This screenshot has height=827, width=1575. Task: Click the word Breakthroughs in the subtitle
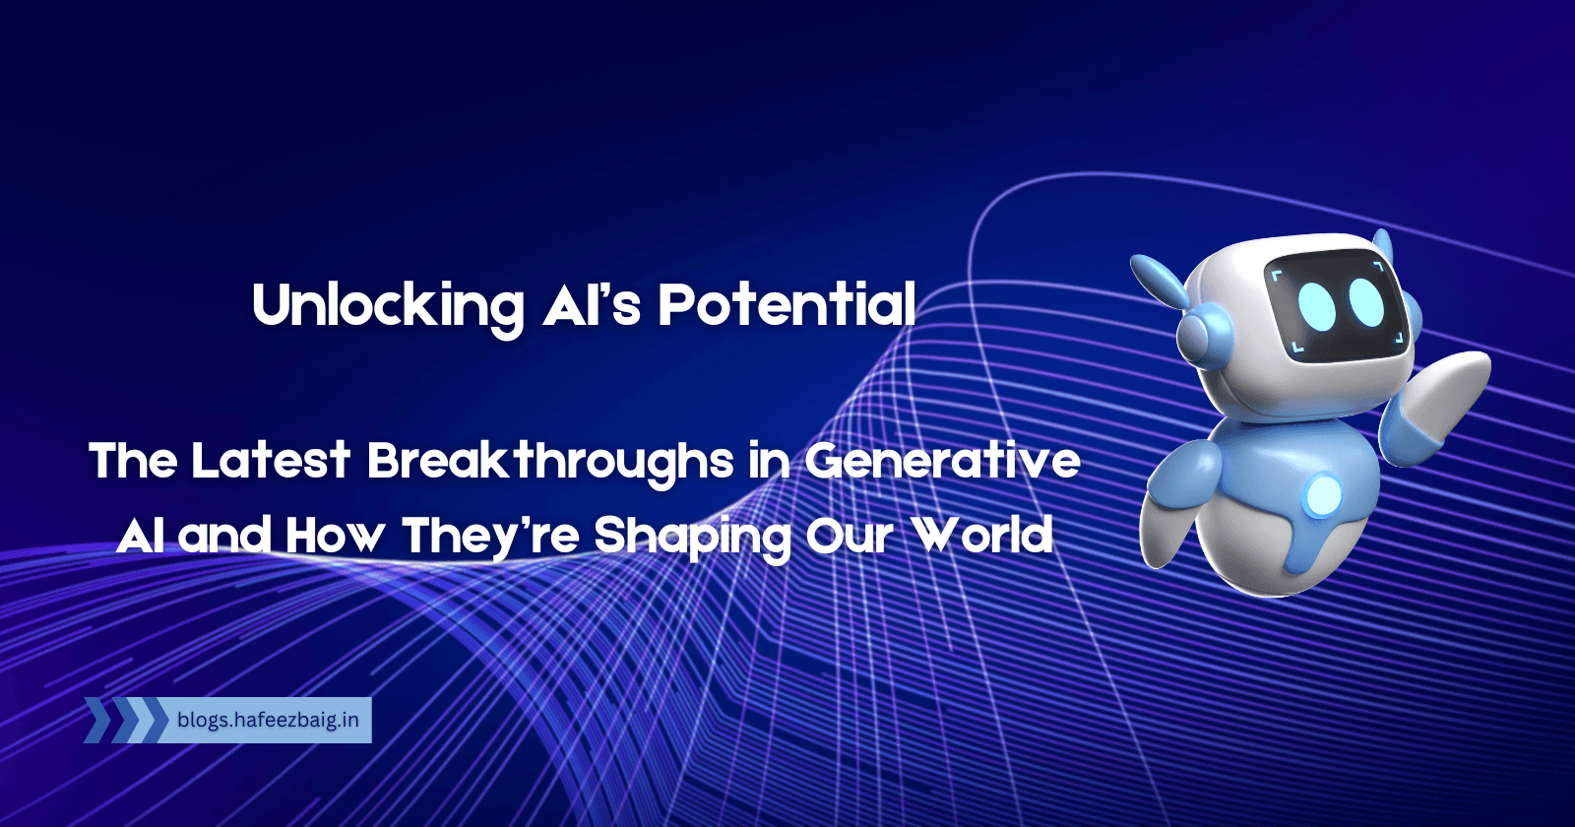point(550,461)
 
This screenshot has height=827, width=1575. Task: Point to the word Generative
point(942,461)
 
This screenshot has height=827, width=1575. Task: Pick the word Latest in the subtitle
point(271,461)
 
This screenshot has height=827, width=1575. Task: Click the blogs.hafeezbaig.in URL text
point(268,720)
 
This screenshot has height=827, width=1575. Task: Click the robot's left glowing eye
point(1317,306)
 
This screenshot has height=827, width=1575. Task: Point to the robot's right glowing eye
point(1366,300)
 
